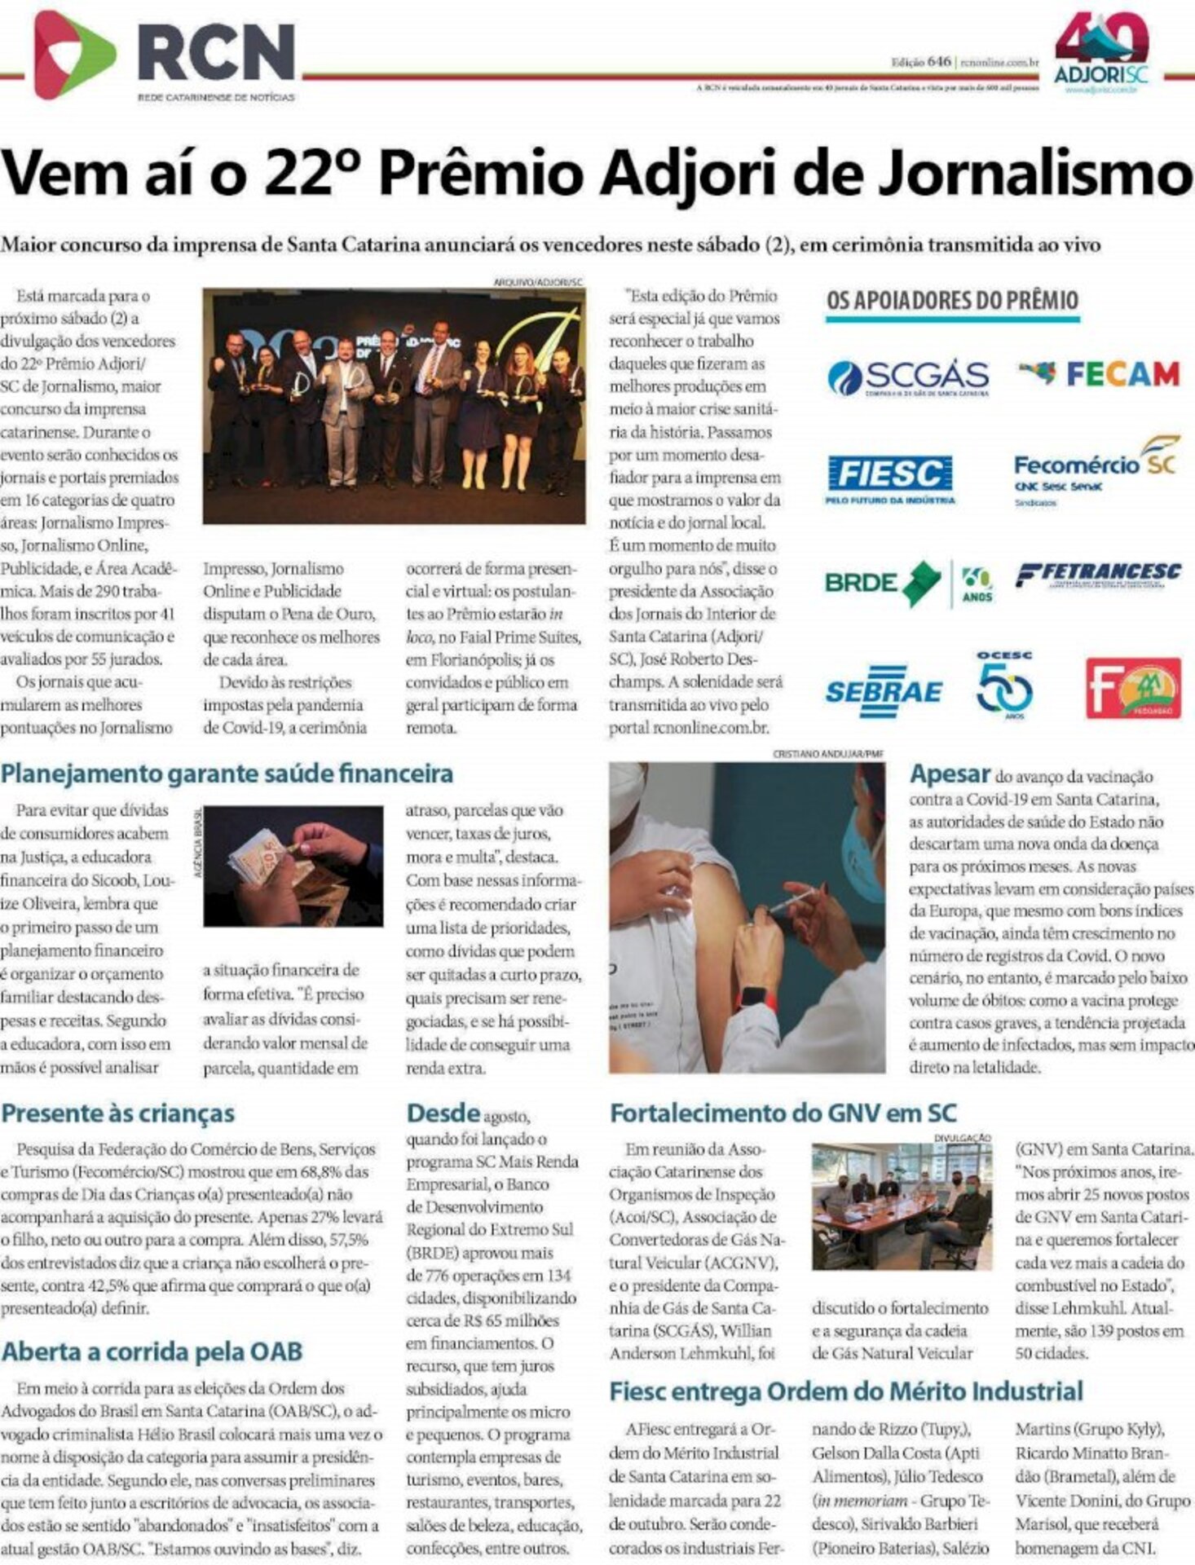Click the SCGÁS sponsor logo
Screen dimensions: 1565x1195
click(908, 378)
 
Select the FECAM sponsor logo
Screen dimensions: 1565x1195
click(1099, 374)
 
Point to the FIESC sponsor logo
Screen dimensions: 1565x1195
click(890, 478)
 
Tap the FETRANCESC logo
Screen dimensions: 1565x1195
click(1098, 575)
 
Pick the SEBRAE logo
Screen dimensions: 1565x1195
click(884, 691)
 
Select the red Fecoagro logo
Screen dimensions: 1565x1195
click(1133, 689)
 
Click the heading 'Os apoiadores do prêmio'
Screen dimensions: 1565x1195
click(952, 300)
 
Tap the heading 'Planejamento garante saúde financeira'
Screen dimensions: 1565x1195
click(227, 773)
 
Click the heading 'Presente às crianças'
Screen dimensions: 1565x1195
click(118, 1113)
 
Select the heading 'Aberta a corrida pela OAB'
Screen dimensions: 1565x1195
click(152, 1351)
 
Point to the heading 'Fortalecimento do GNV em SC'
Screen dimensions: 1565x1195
click(783, 1113)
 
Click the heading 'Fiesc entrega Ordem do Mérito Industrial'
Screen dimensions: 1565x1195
click(846, 1391)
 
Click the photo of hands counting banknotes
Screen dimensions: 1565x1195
click(293, 866)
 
